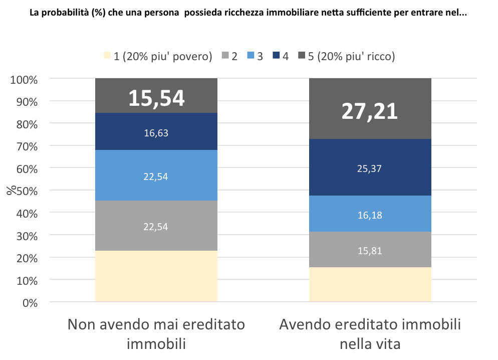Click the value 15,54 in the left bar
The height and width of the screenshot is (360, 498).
[156, 98]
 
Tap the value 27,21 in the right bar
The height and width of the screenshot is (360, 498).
[370, 111]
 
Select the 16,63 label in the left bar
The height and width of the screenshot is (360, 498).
[156, 132]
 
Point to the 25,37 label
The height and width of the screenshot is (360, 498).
[370, 168]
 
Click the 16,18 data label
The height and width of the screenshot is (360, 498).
[370, 215]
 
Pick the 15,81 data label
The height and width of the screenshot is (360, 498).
[370, 250]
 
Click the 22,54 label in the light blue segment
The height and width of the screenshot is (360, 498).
[156, 176]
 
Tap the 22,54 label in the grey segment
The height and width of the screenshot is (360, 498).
[156, 226]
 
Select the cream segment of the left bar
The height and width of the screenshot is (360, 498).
[156, 276]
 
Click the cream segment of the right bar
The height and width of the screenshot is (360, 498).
[370, 284]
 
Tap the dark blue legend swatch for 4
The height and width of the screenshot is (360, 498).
[276, 56]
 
